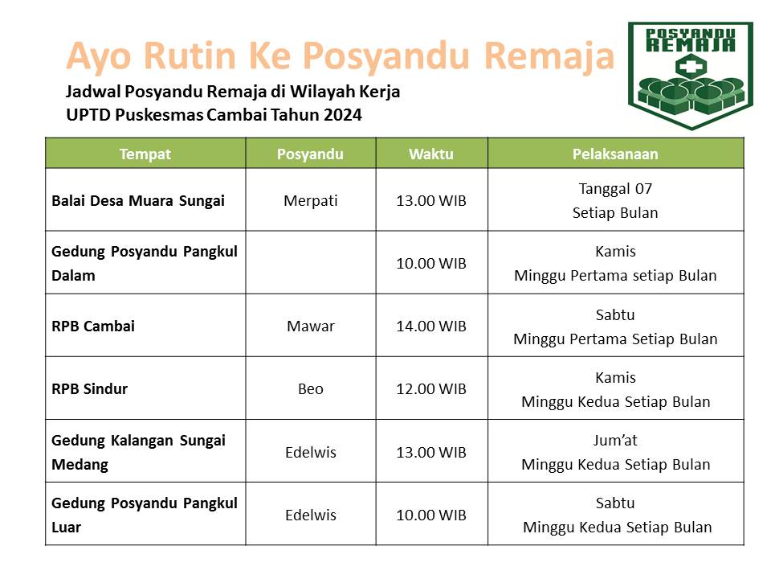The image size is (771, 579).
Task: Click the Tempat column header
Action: (145, 154)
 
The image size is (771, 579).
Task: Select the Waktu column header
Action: (431, 154)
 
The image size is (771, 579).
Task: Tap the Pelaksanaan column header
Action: (615, 154)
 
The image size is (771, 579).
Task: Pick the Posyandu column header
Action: (310, 154)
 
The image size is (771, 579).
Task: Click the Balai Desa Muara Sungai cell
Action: (138, 200)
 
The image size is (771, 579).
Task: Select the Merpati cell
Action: (310, 200)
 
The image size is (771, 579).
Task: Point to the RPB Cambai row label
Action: (93, 326)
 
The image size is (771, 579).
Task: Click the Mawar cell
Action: (310, 326)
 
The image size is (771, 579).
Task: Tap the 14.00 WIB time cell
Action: (431, 326)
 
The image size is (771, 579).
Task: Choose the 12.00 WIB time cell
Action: (431, 389)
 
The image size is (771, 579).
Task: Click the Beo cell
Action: (310, 389)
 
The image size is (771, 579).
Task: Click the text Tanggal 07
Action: (615, 189)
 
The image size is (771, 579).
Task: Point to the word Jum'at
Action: (615, 441)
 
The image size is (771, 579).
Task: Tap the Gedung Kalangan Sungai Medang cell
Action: (138, 452)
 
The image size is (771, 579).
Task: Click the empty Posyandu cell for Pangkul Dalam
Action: (310, 263)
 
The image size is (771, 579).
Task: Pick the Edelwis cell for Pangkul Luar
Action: (310, 515)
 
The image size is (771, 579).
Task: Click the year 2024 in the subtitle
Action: (343, 114)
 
